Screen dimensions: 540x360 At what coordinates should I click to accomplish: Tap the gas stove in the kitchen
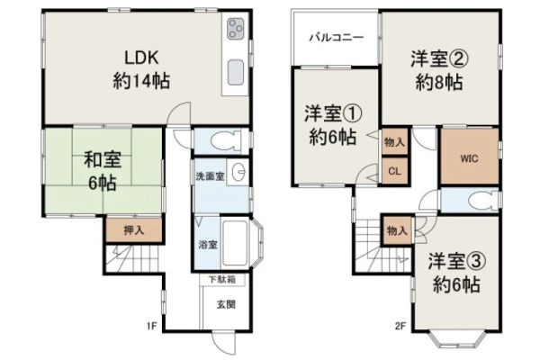coord(236,29)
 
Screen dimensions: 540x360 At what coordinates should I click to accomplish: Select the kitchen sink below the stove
coord(236,72)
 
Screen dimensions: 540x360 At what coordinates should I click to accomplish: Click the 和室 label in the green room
coord(103,160)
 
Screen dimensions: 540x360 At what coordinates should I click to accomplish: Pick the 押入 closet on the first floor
coord(134,229)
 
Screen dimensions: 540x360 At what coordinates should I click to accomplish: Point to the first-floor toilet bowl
coord(225,141)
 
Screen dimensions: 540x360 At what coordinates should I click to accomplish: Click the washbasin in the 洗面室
coord(238,172)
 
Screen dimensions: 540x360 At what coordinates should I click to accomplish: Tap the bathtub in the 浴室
coord(235,243)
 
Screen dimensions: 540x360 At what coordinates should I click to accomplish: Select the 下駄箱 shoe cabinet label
coord(222,279)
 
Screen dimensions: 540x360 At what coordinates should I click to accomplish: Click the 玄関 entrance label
coord(226,304)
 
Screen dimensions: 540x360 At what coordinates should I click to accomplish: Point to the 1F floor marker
coord(152,325)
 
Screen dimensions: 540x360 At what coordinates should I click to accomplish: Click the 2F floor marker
coord(400,326)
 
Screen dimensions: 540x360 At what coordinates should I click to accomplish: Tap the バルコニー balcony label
coord(336,37)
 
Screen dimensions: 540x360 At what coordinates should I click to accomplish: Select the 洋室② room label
coord(439,58)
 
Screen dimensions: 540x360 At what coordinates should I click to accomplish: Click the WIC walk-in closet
coord(470,157)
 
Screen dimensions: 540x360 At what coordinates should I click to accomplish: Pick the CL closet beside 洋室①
coord(395,171)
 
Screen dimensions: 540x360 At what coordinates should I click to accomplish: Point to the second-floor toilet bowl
coord(481,201)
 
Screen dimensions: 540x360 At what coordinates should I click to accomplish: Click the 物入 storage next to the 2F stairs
coord(398,230)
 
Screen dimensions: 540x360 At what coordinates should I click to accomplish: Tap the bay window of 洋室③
coord(458,339)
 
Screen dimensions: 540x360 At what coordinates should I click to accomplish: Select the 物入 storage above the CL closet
coord(395,141)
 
